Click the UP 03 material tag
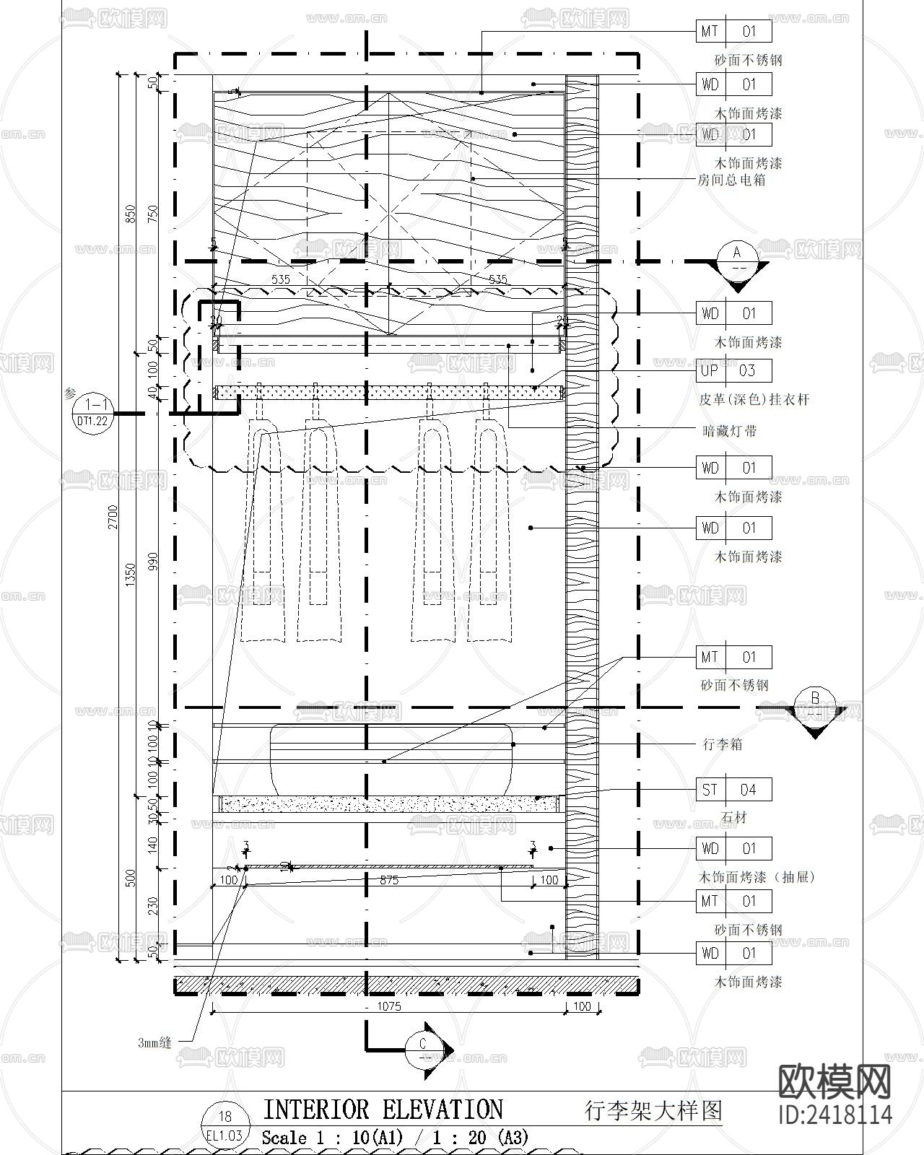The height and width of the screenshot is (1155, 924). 733,370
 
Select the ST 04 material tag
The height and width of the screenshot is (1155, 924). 733,790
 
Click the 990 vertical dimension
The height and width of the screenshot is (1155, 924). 152,562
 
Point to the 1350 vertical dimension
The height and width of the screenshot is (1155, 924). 131,575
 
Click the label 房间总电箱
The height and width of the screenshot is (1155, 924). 731,180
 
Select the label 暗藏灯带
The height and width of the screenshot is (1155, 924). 729,431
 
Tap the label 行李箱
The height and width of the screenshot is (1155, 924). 723,744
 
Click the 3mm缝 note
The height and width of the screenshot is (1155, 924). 154,1042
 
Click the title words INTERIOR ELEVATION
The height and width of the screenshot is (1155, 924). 383,1110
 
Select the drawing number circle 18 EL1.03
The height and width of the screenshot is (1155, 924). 225,1125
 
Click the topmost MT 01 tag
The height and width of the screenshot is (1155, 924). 733,31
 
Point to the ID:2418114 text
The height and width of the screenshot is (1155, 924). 835,1115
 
